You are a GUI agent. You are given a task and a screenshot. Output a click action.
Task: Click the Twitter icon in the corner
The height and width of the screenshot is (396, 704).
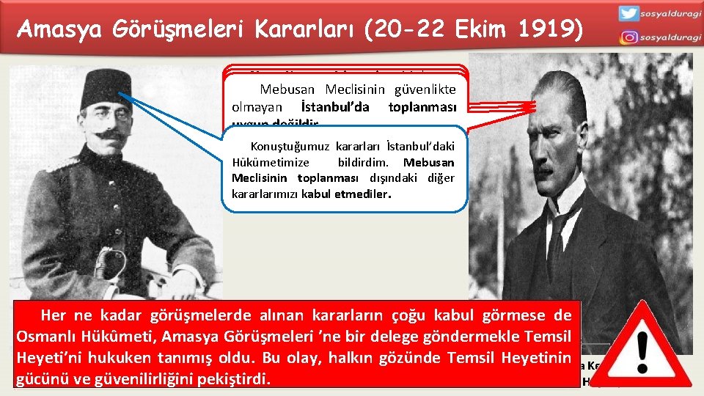pos(628,13)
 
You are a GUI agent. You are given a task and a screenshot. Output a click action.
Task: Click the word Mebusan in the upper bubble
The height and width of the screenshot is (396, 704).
pos(287,89)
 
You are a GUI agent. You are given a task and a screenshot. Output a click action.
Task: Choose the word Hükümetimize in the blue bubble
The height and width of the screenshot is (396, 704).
pos(270,162)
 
